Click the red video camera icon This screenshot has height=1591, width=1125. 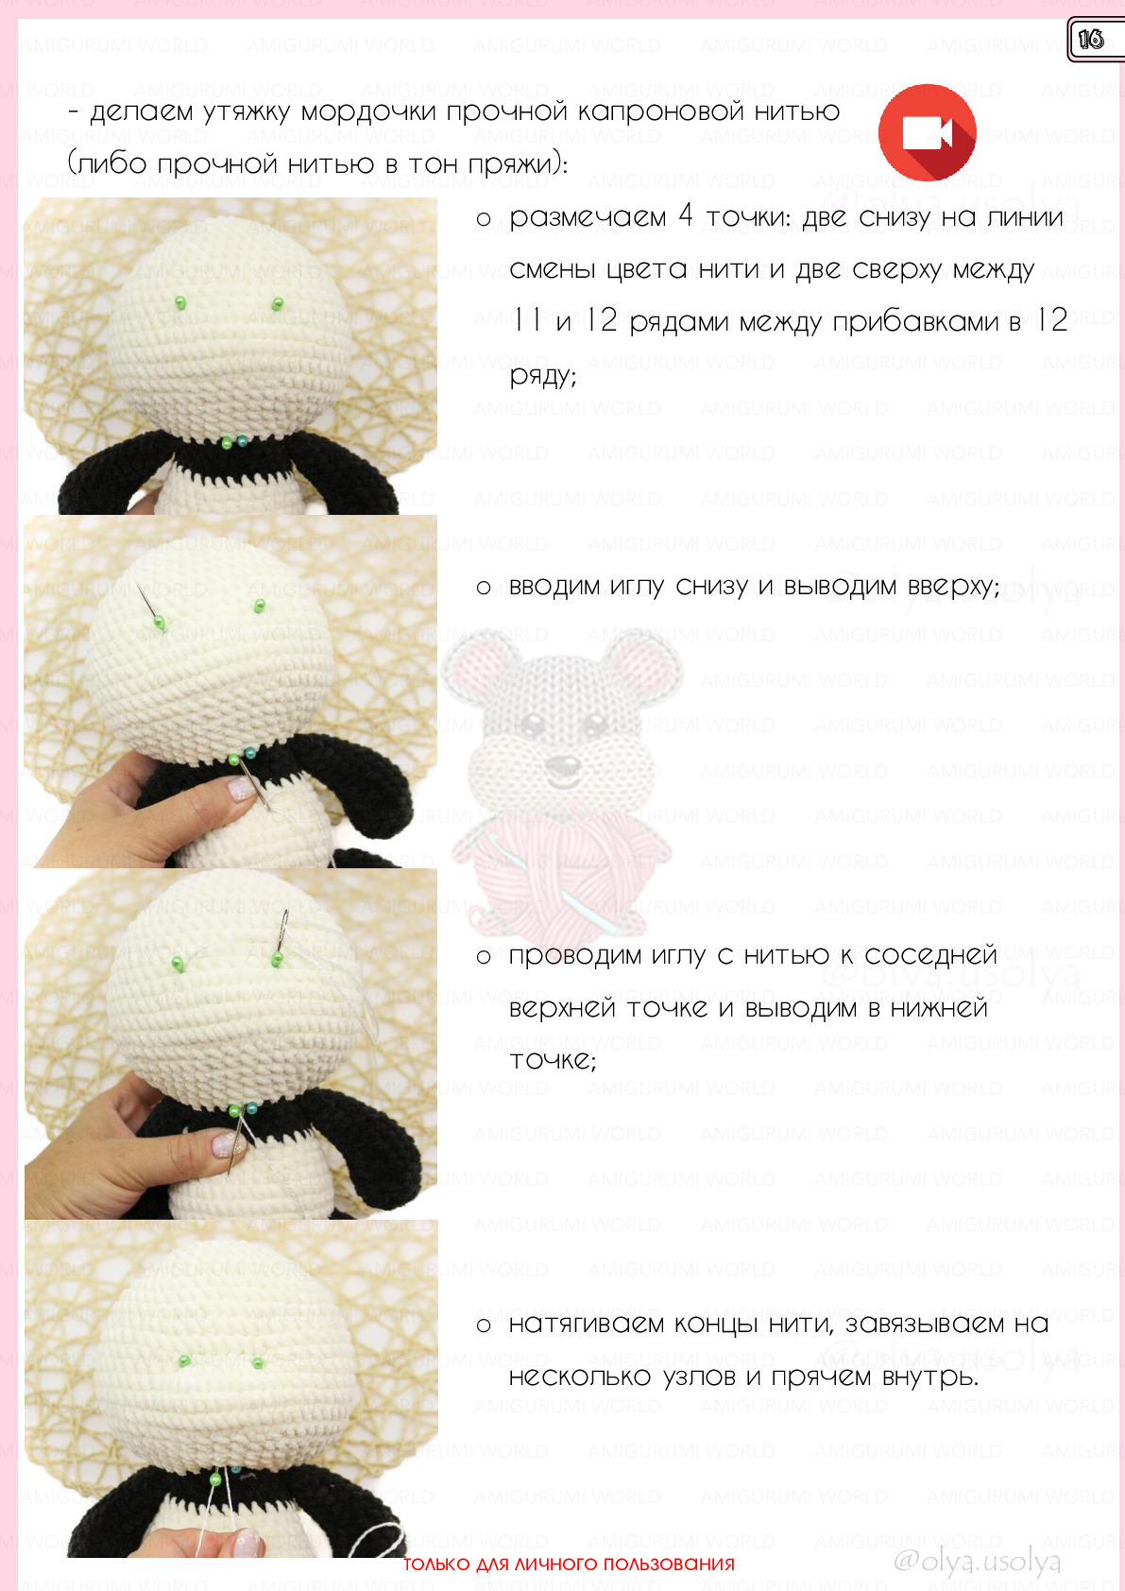click(x=927, y=132)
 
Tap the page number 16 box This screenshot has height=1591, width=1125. click(x=1095, y=39)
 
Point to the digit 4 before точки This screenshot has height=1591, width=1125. click(x=686, y=214)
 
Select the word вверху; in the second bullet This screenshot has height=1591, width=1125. click(x=954, y=587)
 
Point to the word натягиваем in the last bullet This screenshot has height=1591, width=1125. click(x=586, y=1324)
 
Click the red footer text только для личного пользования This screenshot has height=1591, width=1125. click(x=569, y=1564)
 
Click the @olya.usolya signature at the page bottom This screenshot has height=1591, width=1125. click(x=977, y=1561)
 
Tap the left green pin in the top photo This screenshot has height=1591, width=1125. click(x=180, y=303)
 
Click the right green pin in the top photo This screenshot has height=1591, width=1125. click(x=277, y=305)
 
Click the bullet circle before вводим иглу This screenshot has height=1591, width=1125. click(x=484, y=588)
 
